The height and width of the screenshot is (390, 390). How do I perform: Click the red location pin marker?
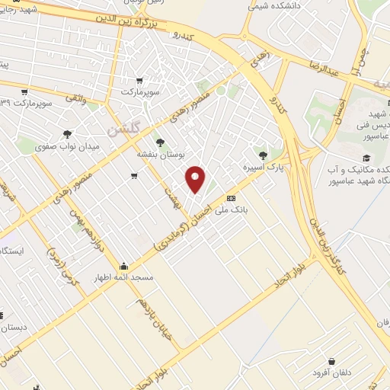click(196, 178)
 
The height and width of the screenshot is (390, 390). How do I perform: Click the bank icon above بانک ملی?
click(231, 197)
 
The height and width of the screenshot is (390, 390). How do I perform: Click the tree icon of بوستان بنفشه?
click(159, 142)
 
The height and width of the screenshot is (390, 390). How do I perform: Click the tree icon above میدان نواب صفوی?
click(67, 133)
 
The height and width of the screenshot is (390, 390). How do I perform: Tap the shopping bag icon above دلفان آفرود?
click(331, 361)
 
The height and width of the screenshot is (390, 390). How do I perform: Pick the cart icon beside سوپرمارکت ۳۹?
click(25, 91)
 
